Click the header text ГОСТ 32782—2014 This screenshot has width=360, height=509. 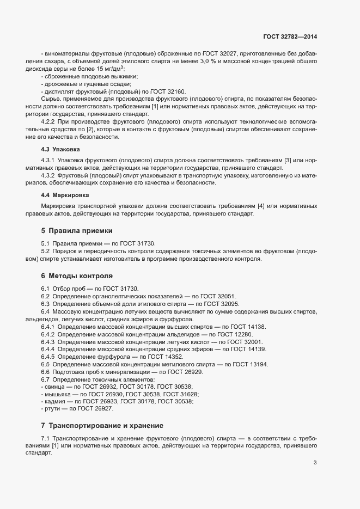[290, 36]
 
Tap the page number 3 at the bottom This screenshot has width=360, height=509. [315, 463]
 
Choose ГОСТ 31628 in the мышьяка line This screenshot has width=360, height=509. [182, 394]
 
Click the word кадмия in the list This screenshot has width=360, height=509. [54, 401]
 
